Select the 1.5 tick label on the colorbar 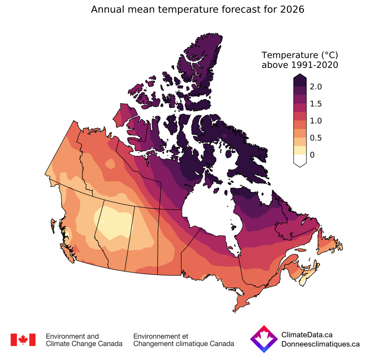(x=316, y=104)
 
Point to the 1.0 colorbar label (x=316, y=121)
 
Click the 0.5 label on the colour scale (x=316, y=138)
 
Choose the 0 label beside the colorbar (x=312, y=155)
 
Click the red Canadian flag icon (x=23, y=340)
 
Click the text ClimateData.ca (x=307, y=335)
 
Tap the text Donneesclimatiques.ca (x=320, y=344)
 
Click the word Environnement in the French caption (x=155, y=336)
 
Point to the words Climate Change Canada (x=84, y=344)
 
